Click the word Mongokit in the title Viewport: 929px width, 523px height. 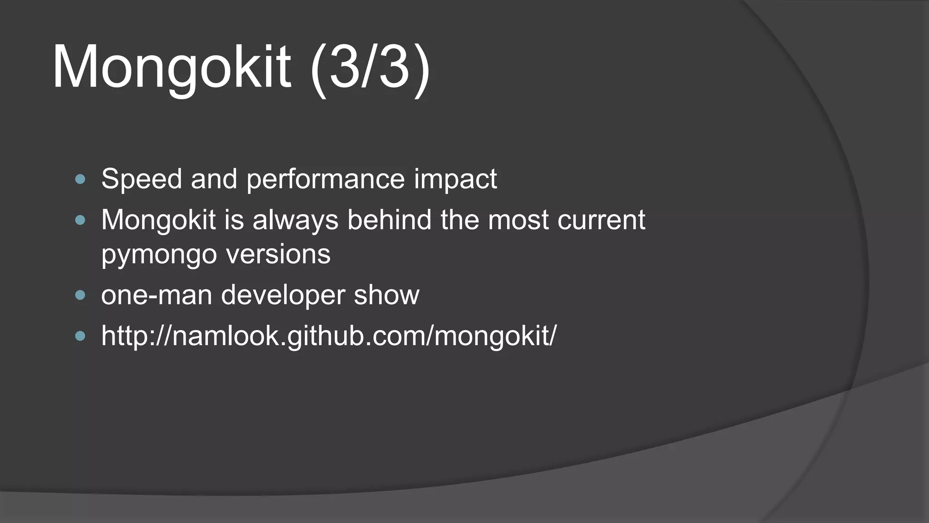point(171,67)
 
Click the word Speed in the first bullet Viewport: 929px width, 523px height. point(141,179)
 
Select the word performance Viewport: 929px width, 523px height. point(325,179)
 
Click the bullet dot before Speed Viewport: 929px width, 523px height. point(80,179)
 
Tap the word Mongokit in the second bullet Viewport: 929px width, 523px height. point(158,220)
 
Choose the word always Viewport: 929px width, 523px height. point(295,220)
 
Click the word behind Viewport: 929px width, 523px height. point(389,220)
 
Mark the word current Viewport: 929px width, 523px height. point(601,220)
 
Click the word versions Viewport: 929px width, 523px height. point(278,254)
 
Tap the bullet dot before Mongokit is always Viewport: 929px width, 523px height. point(80,221)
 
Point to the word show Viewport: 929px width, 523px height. point(386,296)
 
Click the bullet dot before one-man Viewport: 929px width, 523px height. point(80,296)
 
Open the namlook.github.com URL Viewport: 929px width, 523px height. point(328,336)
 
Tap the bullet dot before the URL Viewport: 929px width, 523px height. point(80,336)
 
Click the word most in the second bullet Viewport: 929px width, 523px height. point(518,220)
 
